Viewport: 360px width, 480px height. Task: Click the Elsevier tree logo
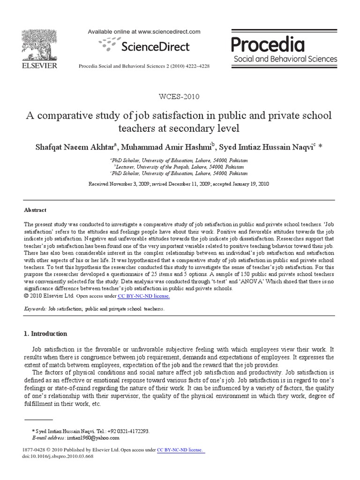(39, 44)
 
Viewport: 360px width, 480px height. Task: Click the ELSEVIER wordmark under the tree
(39, 66)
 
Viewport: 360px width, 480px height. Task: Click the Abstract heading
(35, 210)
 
